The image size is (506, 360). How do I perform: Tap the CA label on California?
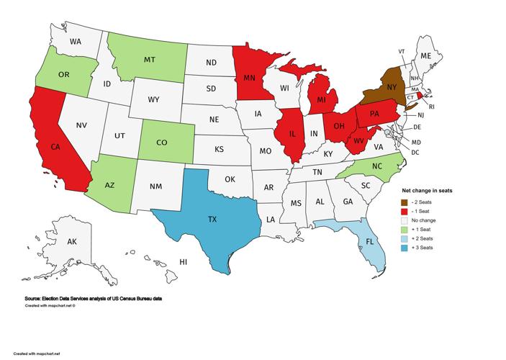pos(55,146)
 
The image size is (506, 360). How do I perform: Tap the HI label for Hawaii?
pos(184,261)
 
